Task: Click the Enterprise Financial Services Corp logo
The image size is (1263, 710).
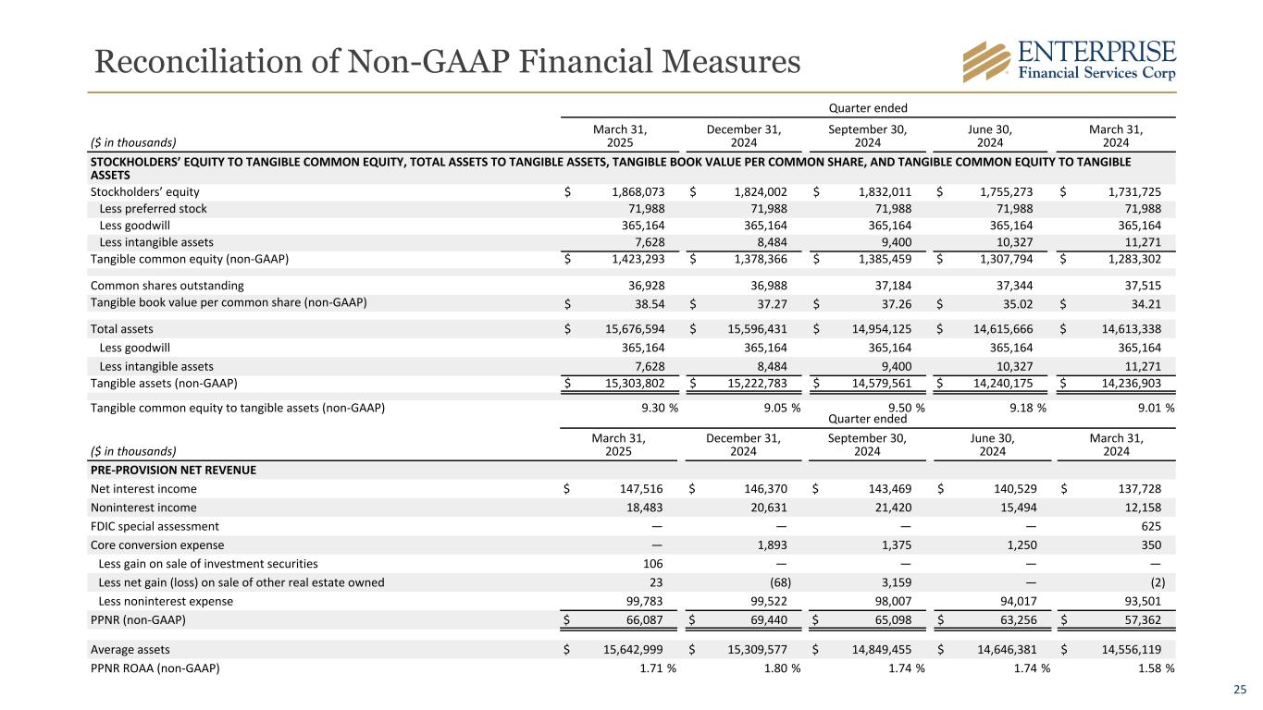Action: pyautogui.click(x=1069, y=61)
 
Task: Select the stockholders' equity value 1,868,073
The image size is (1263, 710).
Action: pyautogui.click(x=640, y=191)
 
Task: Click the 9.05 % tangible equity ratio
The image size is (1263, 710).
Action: pyautogui.click(x=774, y=408)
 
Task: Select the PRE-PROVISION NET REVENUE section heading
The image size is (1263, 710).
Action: pyautogui.click(x=173, y=470)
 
